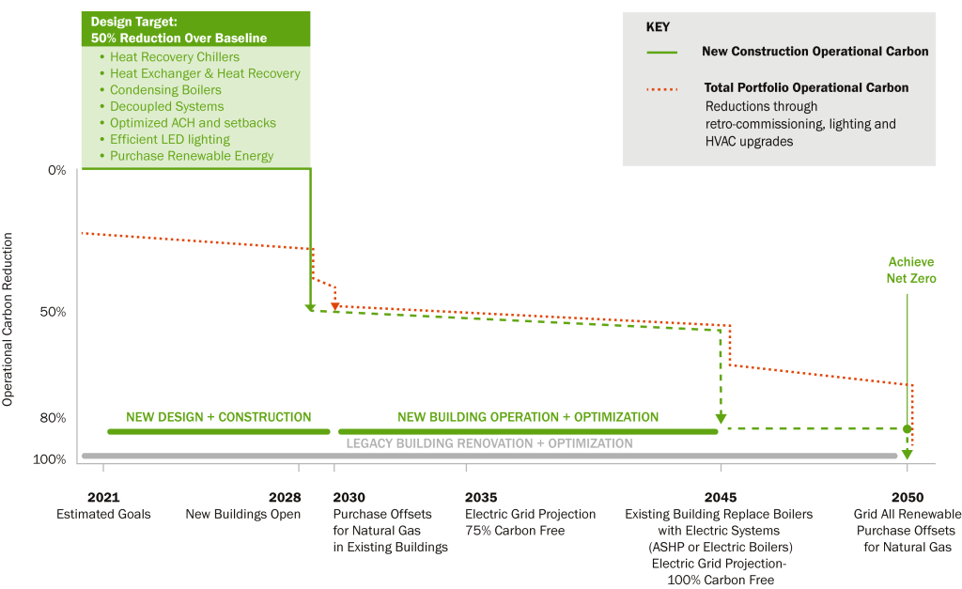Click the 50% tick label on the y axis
53,312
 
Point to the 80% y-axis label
53,418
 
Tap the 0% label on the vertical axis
57,170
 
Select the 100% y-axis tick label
49,459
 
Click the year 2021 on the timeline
103,497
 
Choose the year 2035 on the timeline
481,497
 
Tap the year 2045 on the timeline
721,497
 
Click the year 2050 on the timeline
908,497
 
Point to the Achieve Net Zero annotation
911,270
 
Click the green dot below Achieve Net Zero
908,429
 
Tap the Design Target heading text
178,29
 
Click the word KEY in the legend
658,27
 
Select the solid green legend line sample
662,53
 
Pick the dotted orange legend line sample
662,89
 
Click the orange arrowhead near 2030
335,305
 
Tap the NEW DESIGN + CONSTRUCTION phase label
218,417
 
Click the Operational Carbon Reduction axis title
8,319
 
